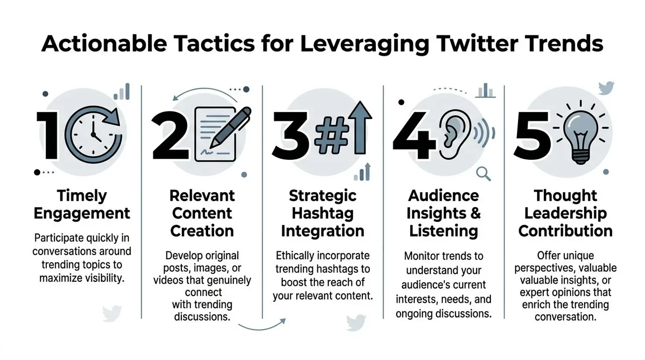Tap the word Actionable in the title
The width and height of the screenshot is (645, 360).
click(x=104, y=44)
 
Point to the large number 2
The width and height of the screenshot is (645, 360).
click(x=170, y=135)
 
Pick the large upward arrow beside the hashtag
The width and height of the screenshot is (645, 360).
click(x=360, y=128)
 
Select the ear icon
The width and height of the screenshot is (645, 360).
click(x=455, y=135)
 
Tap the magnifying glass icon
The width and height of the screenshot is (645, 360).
click(x=483, y=173)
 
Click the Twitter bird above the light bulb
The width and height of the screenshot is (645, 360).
click(x=606, y=88)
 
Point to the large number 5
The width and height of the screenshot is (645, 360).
click(x=533, y=135)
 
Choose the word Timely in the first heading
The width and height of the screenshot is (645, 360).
click(x=82, y=196)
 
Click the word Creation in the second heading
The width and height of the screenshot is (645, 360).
click(x=202, y=231)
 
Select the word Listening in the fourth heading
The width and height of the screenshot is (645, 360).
click(x=443, y=231)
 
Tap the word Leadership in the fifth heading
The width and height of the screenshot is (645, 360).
click(x=565, y=213)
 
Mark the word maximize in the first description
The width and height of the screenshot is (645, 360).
click(x=60, y=278)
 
